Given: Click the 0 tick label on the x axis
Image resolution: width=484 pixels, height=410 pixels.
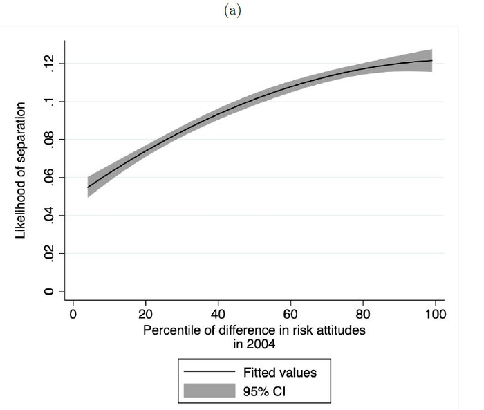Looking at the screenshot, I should coord(73,315).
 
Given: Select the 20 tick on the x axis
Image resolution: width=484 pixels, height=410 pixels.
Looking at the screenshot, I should coord(146,315).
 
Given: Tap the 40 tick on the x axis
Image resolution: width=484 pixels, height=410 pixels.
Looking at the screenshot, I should coord(218,315).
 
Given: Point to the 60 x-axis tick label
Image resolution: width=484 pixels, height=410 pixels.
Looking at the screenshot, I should coord(292,315).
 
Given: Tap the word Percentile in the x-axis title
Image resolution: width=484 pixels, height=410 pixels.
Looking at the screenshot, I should coord(170,330).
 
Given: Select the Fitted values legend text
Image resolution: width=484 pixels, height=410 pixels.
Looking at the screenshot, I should coord(280,372).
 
